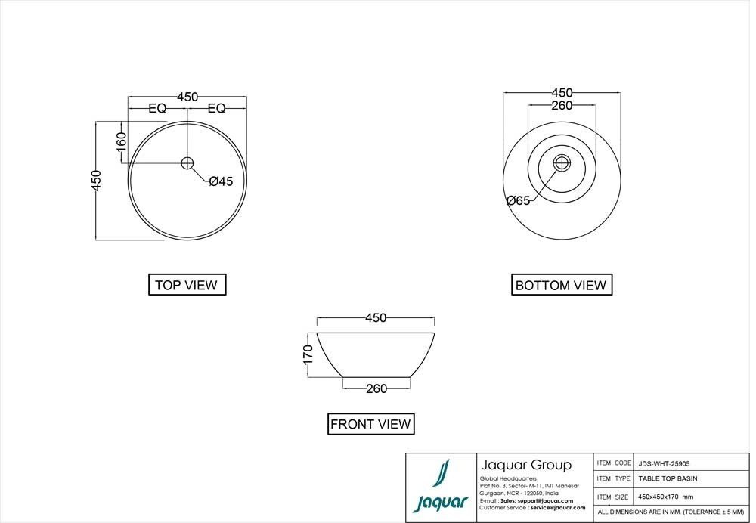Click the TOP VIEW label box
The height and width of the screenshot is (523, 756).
click(186, 285)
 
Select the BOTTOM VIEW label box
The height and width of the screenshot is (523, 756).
click(560, 285)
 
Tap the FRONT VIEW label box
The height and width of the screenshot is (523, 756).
click(370, 424)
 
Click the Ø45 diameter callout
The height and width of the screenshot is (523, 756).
click(221, 181)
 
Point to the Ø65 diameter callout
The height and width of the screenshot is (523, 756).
click(519, 200)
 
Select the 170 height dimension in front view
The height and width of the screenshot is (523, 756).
click(308, 354)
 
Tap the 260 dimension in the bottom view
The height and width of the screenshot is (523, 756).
click(561, 106)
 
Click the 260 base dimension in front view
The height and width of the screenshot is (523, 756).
click(376, 388)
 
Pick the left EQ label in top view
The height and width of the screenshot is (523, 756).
click(157, 109)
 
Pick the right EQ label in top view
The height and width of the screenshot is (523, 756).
click(216, 109)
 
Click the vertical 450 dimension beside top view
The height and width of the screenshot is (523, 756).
click(97, 181)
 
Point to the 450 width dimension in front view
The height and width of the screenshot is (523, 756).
click(376, 318)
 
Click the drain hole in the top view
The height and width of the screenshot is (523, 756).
click(187, 162)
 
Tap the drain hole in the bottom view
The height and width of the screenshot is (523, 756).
click(562, 162)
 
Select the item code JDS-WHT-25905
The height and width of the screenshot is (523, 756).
click(663, 463)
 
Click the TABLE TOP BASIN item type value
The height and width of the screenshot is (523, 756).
click(668, 478)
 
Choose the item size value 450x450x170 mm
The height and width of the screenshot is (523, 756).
click(665, 497)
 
